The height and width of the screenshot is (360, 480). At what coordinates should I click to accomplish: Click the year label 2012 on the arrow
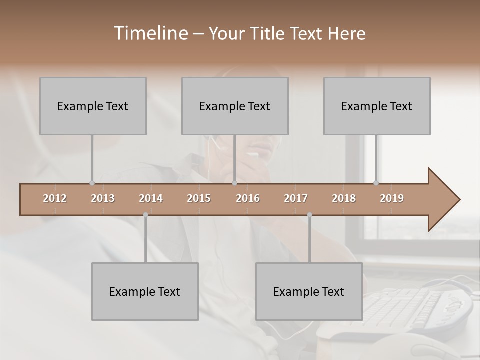[x=55, y=198]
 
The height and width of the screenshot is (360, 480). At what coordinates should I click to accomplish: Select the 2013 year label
[x=103, y=198]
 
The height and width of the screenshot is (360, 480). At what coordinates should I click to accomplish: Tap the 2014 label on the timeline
[x=151, y=198]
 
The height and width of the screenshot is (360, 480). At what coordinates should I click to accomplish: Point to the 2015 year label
[x=199, y=198]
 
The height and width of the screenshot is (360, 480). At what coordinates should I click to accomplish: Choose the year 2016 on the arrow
[x=248, y=198]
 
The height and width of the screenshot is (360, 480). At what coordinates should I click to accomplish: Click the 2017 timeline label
[x=296, y=198]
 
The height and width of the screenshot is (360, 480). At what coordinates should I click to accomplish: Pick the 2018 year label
[x=344, y=198]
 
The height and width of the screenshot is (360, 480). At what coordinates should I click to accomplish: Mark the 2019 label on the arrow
[x=392, y=198]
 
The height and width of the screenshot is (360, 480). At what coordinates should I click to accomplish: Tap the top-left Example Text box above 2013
[x=93, y=106]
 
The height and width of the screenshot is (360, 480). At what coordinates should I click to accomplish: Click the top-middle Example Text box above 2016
[x=235, y=106]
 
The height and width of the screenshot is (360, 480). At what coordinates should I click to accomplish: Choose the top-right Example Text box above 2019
[x=377, y=106]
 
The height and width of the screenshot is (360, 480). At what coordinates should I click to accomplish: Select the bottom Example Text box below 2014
[x=145, y=291]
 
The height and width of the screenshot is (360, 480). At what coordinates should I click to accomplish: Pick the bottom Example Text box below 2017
[x=309, y=291]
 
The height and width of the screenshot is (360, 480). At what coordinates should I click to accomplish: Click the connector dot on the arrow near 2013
[x=92, y=183]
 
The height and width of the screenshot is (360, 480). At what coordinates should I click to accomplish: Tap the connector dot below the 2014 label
[x=145, y=215]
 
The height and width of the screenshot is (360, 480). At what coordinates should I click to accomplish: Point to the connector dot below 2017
[x=309, y=215]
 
